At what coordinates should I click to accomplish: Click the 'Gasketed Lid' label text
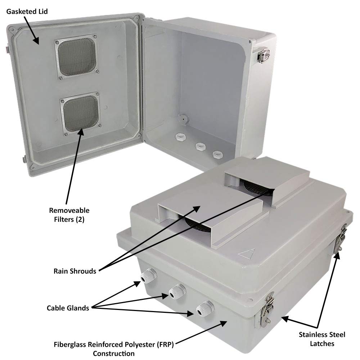coord(27,12)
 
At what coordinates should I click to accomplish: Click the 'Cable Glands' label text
coord(68,308)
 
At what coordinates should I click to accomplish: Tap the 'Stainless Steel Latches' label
coord(322,339)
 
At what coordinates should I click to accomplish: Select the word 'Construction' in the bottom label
coord(114,353)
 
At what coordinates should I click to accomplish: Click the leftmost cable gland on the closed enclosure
coord(148,276)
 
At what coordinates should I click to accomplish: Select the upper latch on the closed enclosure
coord(341,239)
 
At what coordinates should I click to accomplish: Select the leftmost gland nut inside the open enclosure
coord(179,137)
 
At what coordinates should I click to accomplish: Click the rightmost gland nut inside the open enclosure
coord(217,154)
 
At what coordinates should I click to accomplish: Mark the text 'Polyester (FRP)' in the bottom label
coord(152,345)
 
